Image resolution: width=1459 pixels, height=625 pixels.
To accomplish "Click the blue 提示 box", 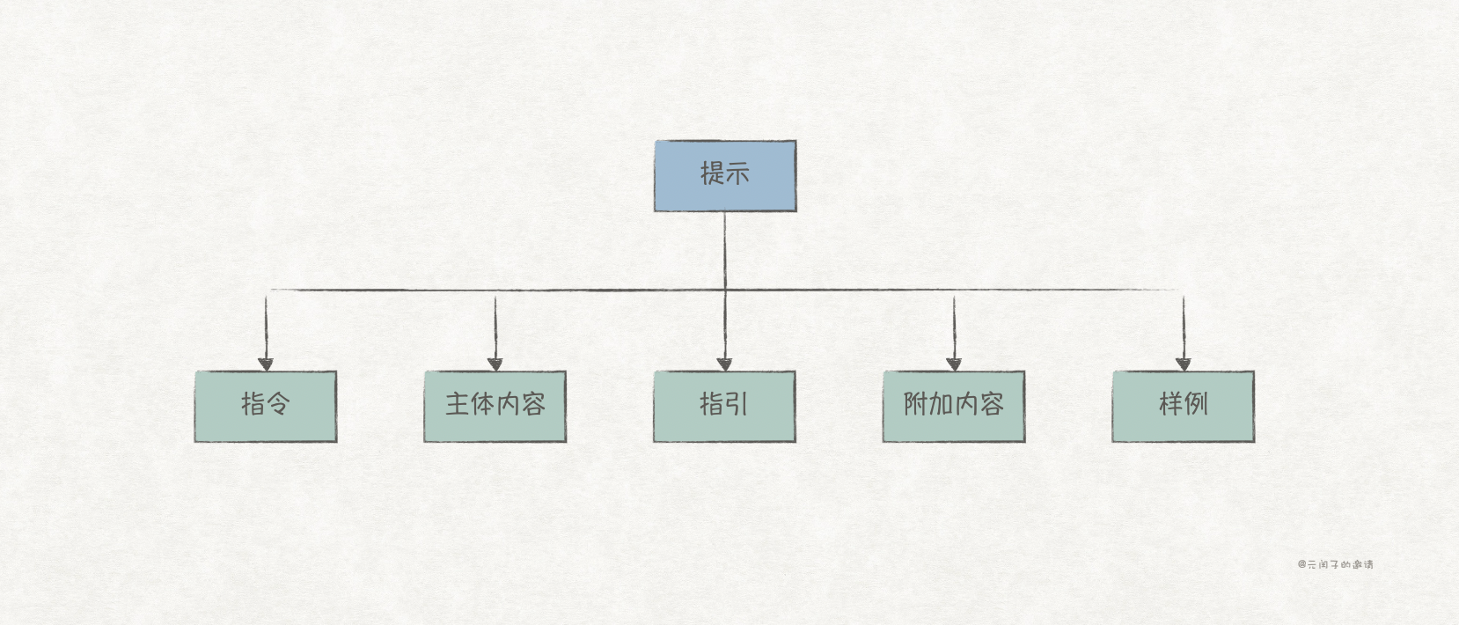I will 725,176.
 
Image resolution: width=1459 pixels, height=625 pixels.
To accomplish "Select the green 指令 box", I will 266,406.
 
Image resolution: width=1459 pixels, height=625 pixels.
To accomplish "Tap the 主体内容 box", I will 495,406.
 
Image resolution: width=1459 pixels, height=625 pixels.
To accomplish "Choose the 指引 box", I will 724,406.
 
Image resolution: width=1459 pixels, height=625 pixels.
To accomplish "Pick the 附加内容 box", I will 954,406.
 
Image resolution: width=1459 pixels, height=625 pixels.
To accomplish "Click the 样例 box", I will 1183,406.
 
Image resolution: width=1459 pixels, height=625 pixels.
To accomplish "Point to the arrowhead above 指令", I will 266,364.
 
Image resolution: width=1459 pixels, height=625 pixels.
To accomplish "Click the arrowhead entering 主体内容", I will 495,364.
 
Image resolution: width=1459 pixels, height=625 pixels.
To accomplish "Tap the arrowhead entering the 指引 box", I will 724,364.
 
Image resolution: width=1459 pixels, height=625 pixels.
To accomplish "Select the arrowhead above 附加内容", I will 954,364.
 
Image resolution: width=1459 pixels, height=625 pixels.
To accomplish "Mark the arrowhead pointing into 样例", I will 1183,364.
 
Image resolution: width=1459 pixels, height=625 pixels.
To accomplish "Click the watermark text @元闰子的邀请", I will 1335,564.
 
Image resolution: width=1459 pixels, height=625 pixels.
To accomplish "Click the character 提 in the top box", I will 712,173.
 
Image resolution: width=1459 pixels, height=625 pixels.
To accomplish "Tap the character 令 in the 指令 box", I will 278,404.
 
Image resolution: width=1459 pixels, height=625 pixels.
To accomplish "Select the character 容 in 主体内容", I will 533,404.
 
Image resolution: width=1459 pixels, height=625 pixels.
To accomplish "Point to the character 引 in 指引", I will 737,404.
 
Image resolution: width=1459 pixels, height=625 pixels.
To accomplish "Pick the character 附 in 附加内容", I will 916,404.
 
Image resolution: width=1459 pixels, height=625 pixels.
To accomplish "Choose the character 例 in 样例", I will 1196,404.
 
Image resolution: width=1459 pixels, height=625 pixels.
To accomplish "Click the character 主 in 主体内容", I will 457,404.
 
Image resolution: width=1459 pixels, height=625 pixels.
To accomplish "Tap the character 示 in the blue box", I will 737,173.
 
